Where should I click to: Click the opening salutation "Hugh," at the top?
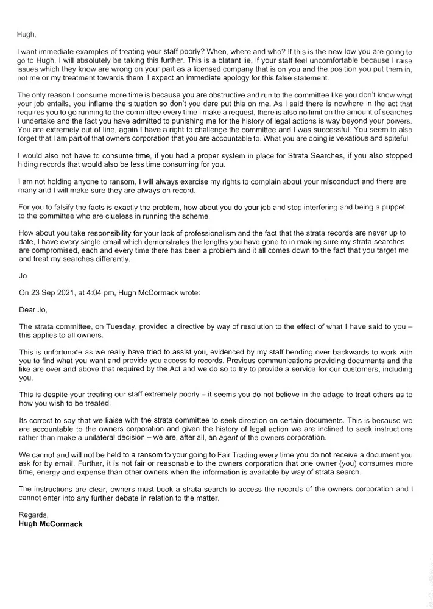(27, 35)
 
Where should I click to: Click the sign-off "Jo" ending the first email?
(23, 275)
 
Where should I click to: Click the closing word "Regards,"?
(33, 515)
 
